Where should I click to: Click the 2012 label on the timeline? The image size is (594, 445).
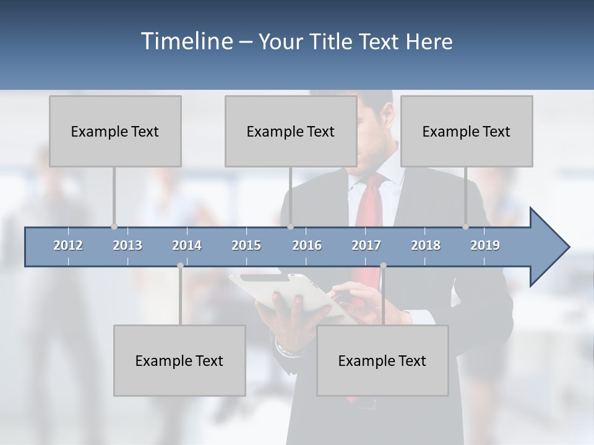point(68,245)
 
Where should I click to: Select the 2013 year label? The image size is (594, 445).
point(127,245)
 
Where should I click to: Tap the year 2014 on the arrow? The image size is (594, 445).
point(187,245)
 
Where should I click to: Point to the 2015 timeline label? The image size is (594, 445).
point(246,245)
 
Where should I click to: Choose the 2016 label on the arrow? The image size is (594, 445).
point(307,245)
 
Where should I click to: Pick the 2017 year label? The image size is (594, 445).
point(366,245)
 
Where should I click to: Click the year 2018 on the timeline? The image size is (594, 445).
point(426,245)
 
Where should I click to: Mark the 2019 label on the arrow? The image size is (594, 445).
point(485,245)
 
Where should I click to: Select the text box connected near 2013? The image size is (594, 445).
point(115,131)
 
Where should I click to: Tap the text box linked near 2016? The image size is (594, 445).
point(291,131)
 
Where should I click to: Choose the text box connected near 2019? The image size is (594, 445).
point(467,131)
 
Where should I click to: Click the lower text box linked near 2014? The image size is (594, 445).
point(179,360)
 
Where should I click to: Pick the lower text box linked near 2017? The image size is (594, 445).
point(382,360)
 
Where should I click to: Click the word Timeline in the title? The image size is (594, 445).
point(185,41)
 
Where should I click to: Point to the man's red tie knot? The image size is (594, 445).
point(376,181)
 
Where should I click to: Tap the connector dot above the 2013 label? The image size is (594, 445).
point(114,227)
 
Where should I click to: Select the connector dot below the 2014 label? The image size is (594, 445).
point(180,266)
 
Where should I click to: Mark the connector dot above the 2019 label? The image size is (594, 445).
point(466,227)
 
